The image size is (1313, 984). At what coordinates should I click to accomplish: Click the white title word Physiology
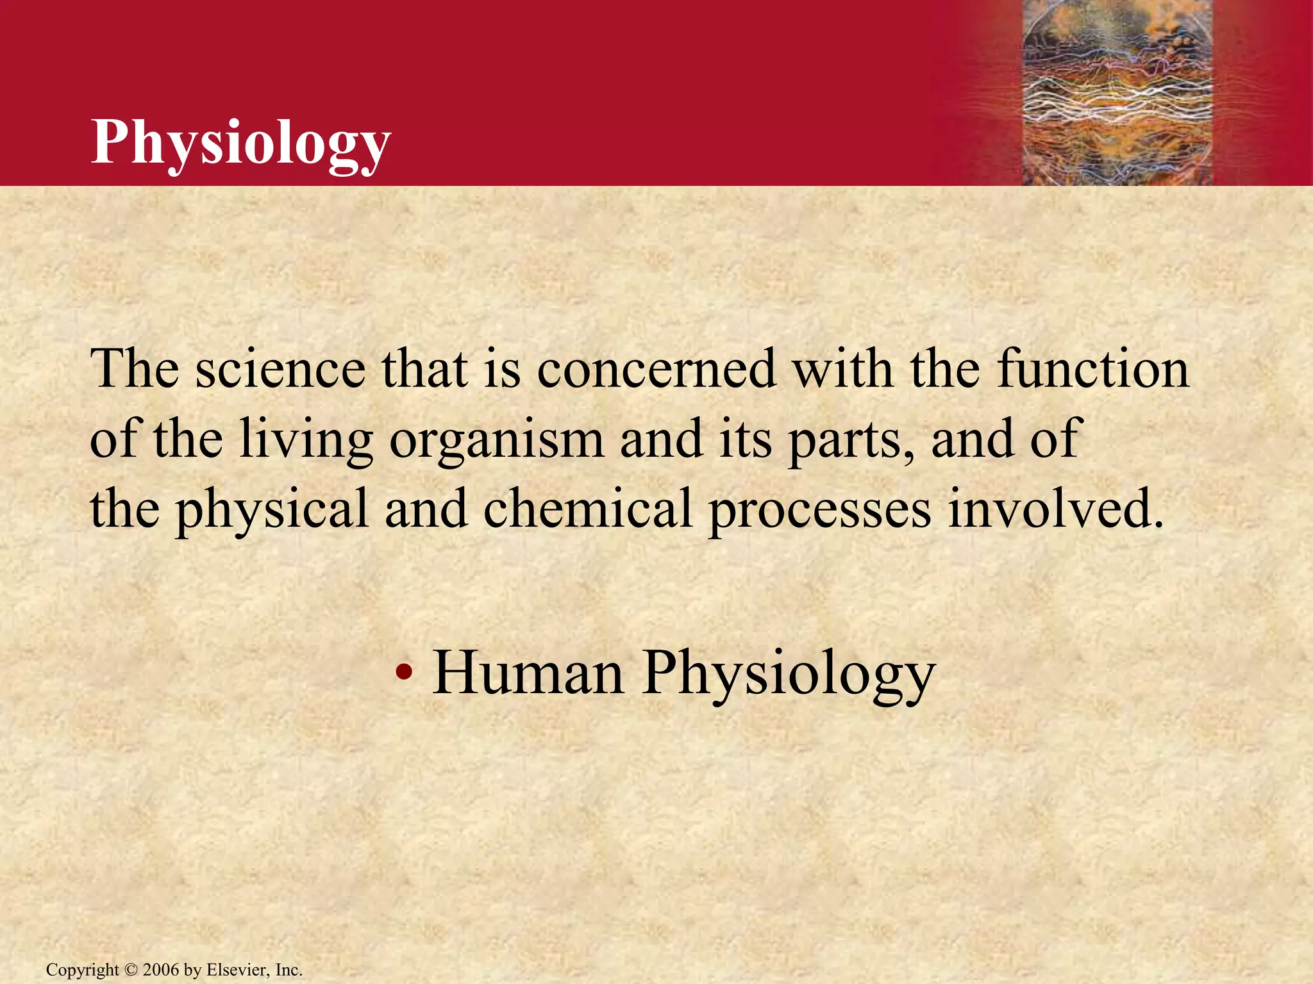click(240, 143)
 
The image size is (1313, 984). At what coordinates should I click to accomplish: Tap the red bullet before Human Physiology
click(403, 673)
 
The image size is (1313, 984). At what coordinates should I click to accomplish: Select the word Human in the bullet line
click(528, 673)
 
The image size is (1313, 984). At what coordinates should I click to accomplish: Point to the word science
click(280, 370)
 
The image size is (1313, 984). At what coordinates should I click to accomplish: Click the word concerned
click(656, 370)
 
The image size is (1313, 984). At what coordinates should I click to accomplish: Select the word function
click(1093, 370)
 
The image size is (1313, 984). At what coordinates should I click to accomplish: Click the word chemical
click(587, 509)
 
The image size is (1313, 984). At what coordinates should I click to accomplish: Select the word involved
click(1055, 509)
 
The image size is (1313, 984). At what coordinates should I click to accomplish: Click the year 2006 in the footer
click(161, 970)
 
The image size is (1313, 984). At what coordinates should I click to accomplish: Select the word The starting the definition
click(134, 370)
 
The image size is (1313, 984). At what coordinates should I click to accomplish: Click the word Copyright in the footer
click(82, 971)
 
